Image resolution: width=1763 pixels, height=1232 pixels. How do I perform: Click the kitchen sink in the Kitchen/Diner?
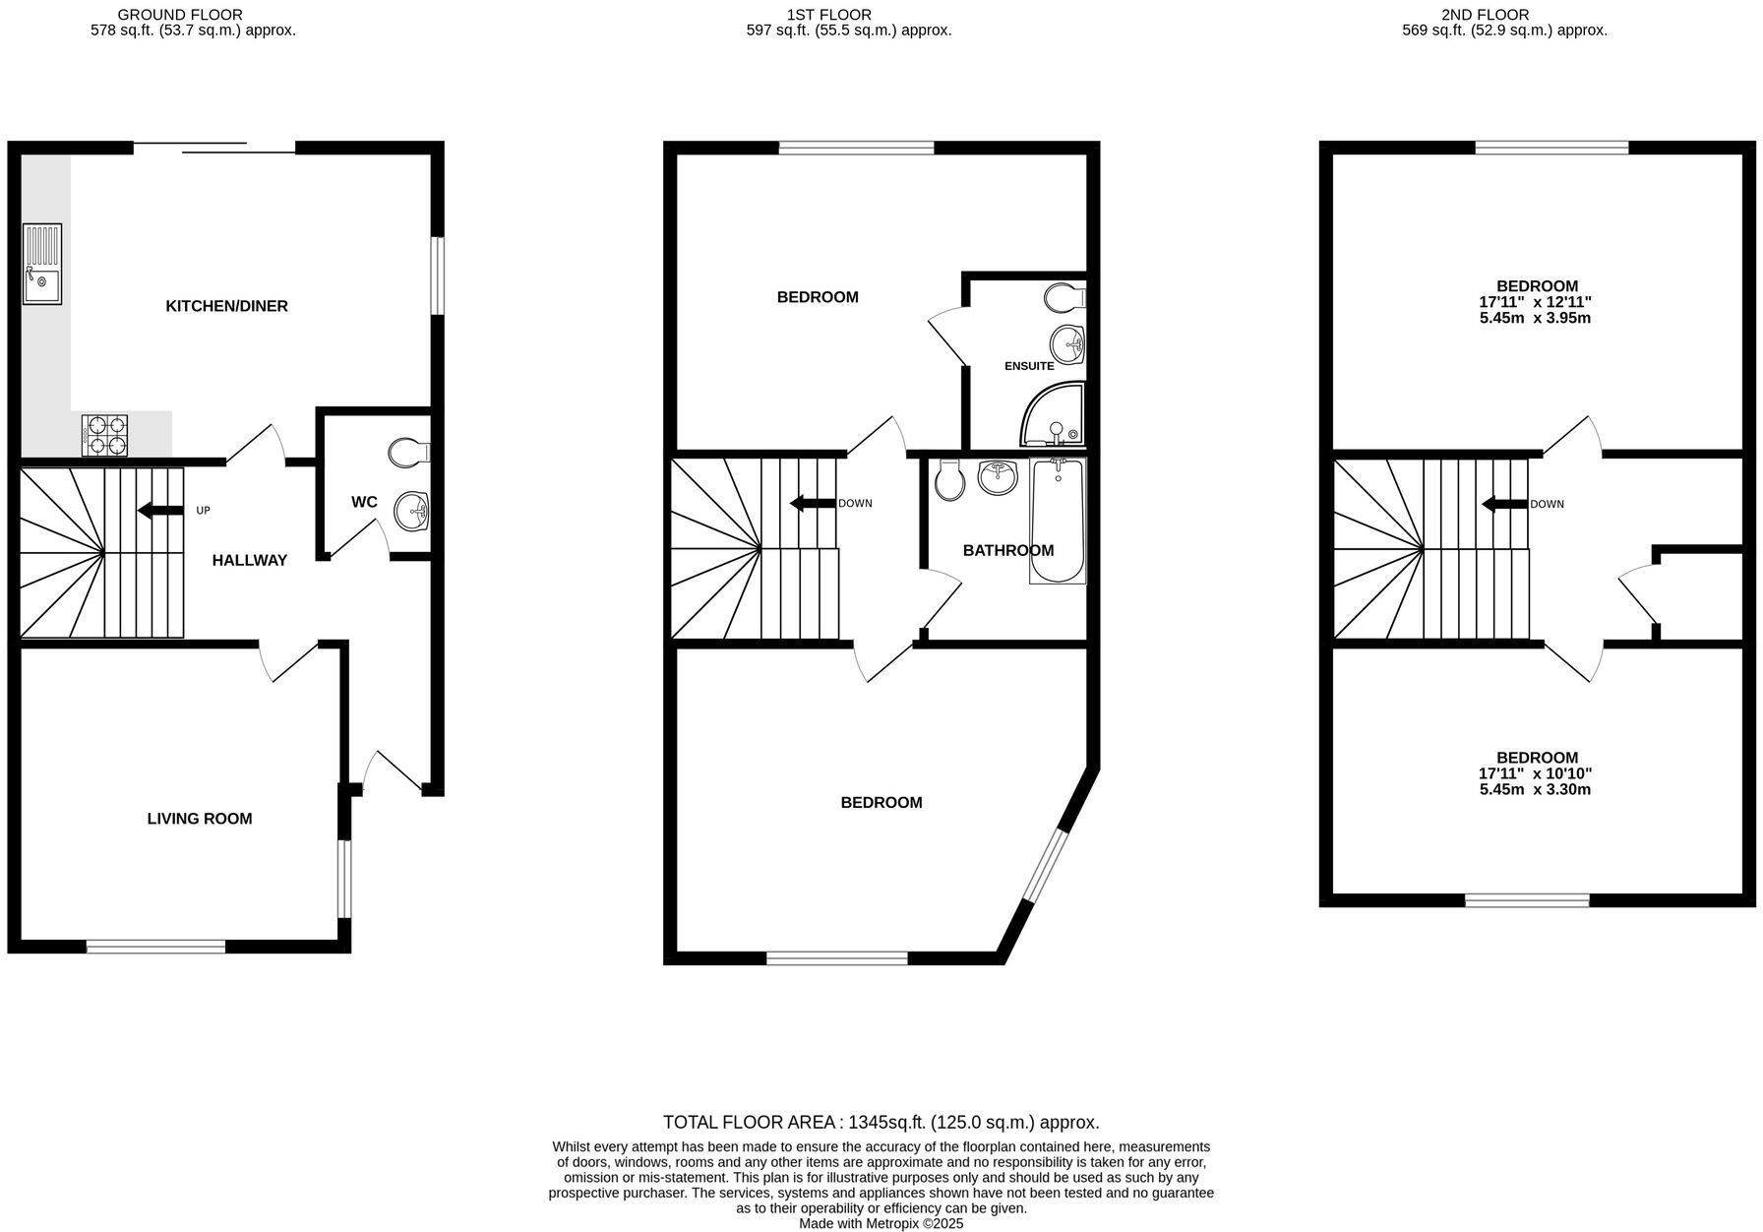(42, 263)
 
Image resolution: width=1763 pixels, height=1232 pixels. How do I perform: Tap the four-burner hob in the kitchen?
(106, 436)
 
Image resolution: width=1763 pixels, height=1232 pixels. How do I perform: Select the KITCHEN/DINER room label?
(226, 306)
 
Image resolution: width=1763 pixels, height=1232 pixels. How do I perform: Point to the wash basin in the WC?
(412, 511)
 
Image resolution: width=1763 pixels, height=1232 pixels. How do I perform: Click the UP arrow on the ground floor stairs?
(160, 510)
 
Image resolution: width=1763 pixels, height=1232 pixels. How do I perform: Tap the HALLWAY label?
(250, 560)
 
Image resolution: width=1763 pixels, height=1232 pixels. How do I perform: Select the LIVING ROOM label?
(200, 819)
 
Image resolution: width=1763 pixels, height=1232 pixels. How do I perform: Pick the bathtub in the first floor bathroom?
(1058, 522)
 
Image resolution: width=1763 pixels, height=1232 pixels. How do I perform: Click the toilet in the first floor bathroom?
(950, 479)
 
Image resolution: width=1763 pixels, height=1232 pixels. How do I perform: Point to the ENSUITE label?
(1029, 366)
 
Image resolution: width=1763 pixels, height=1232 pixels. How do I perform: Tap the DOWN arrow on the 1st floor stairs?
(813, 504)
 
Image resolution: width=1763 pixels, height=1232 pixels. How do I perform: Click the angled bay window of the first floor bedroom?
(1044, 866)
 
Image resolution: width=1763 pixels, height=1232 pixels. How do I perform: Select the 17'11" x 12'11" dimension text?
(1537, 302)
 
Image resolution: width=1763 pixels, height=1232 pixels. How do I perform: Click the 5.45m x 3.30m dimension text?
(1537, 789)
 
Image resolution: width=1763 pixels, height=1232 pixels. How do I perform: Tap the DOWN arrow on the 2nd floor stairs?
(1504, 505)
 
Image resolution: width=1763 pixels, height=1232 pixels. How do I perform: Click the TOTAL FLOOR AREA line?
(881, 1122)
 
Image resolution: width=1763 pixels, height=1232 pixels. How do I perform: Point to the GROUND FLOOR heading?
(179, 15)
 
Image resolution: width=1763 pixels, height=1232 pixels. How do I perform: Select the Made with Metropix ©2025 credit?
(881, 1223)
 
